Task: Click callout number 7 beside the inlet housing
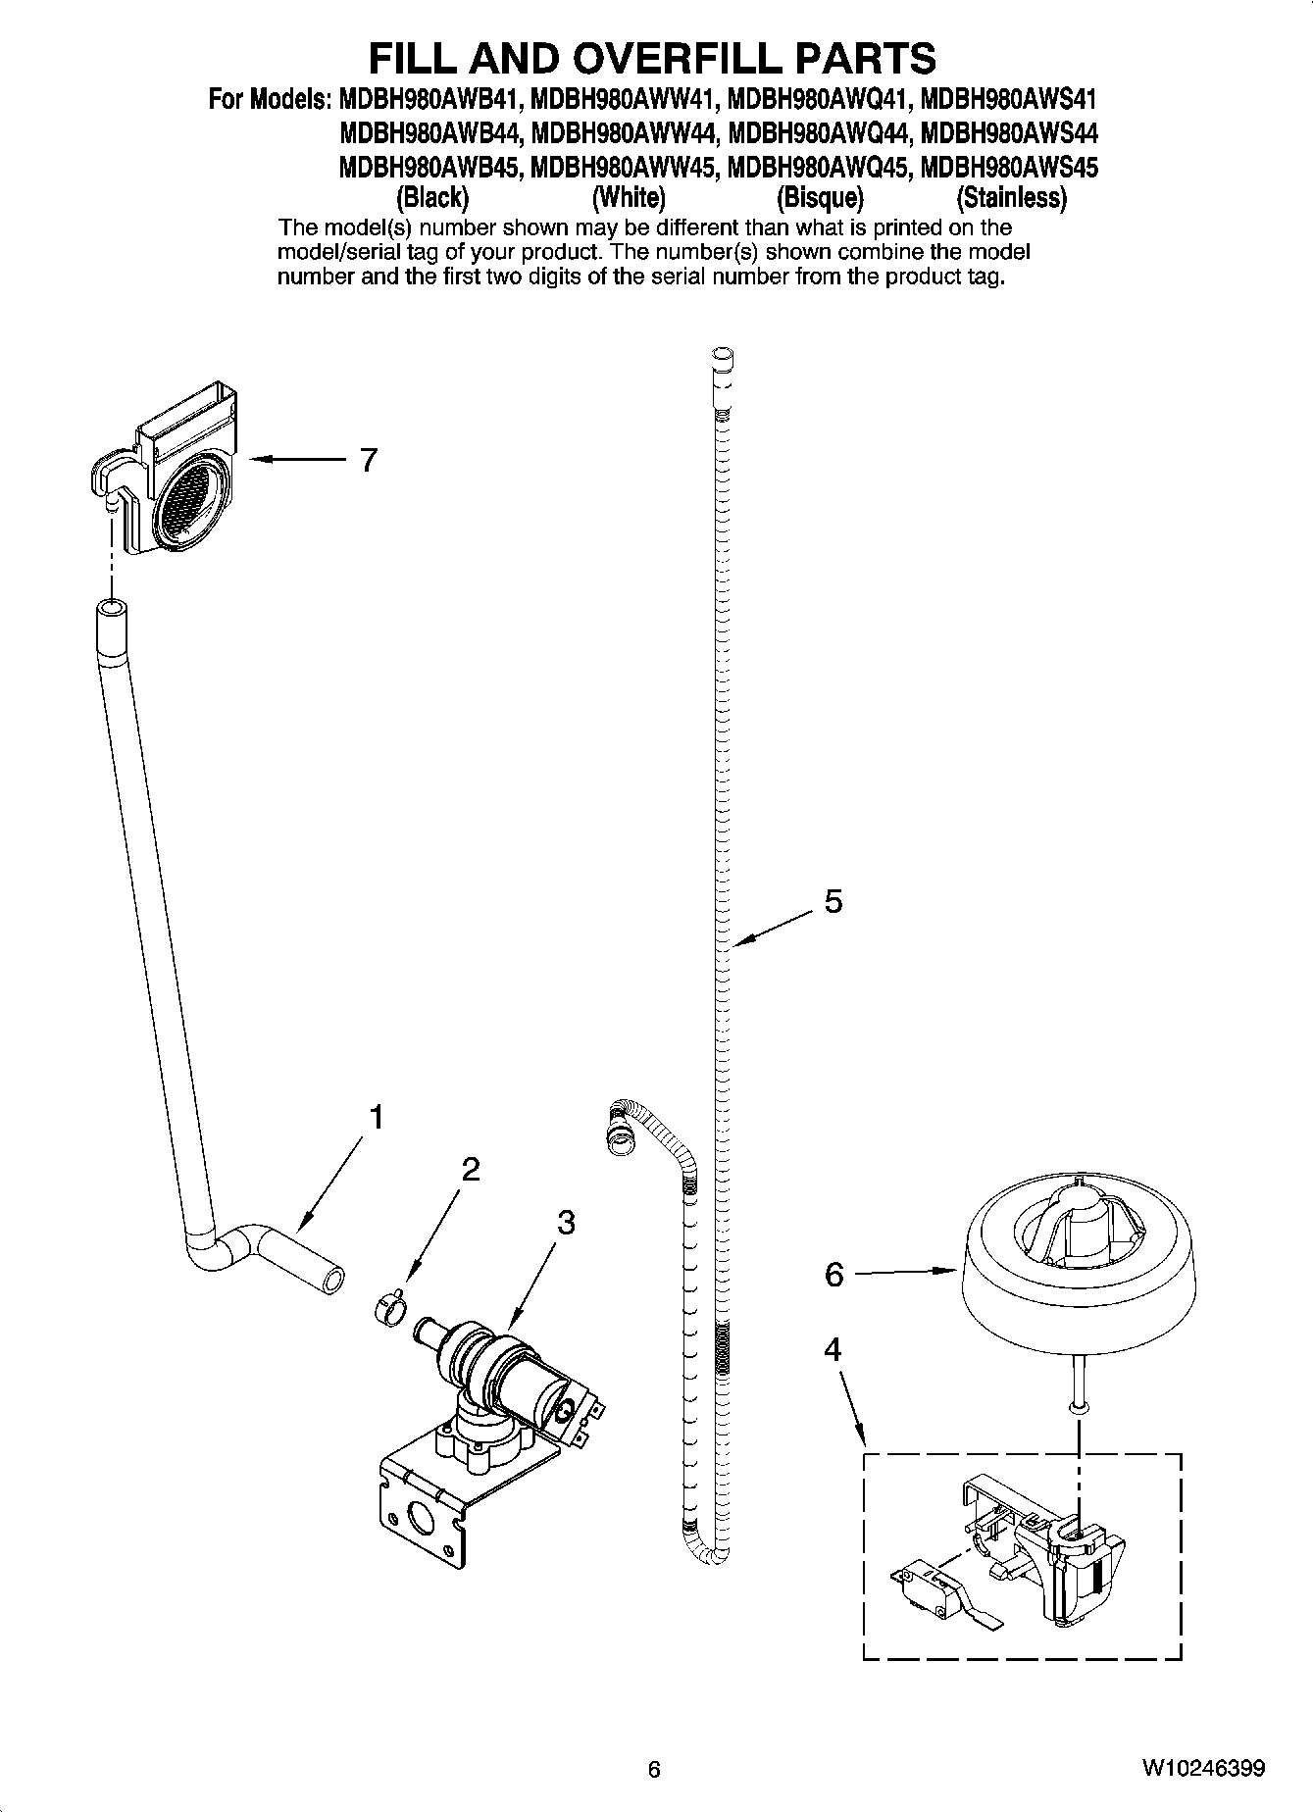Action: pyautogui.click(x=368, y=460)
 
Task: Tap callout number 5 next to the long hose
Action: pyautogui.click(x=833, y=901)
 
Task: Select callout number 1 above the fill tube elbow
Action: pyautogui.click(x=376, y=1117)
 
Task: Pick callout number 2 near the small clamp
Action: pyautogui.click(x=471, y=1169)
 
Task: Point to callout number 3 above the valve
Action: pyautogui.click(x=566, y=1223)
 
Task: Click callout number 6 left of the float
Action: pyautogui.click(x=833, y=1274)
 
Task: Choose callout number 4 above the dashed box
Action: pyautogui.click(x=832, y=1350)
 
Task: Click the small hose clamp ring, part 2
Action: pyautogui.click(x=389, y=1308)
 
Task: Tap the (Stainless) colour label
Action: pyautogui.click(x=1011, y=198)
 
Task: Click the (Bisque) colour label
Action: pyautogui.click(x=820, y=198)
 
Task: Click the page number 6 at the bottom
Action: pyautogui.click(x=654, y=1769)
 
